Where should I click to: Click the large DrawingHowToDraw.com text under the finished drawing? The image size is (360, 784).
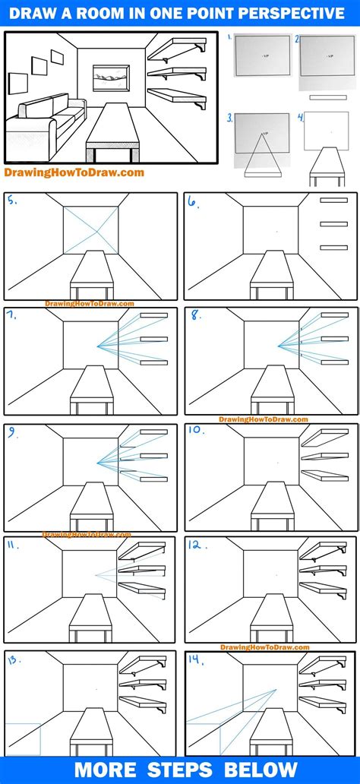pos(74,172)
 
